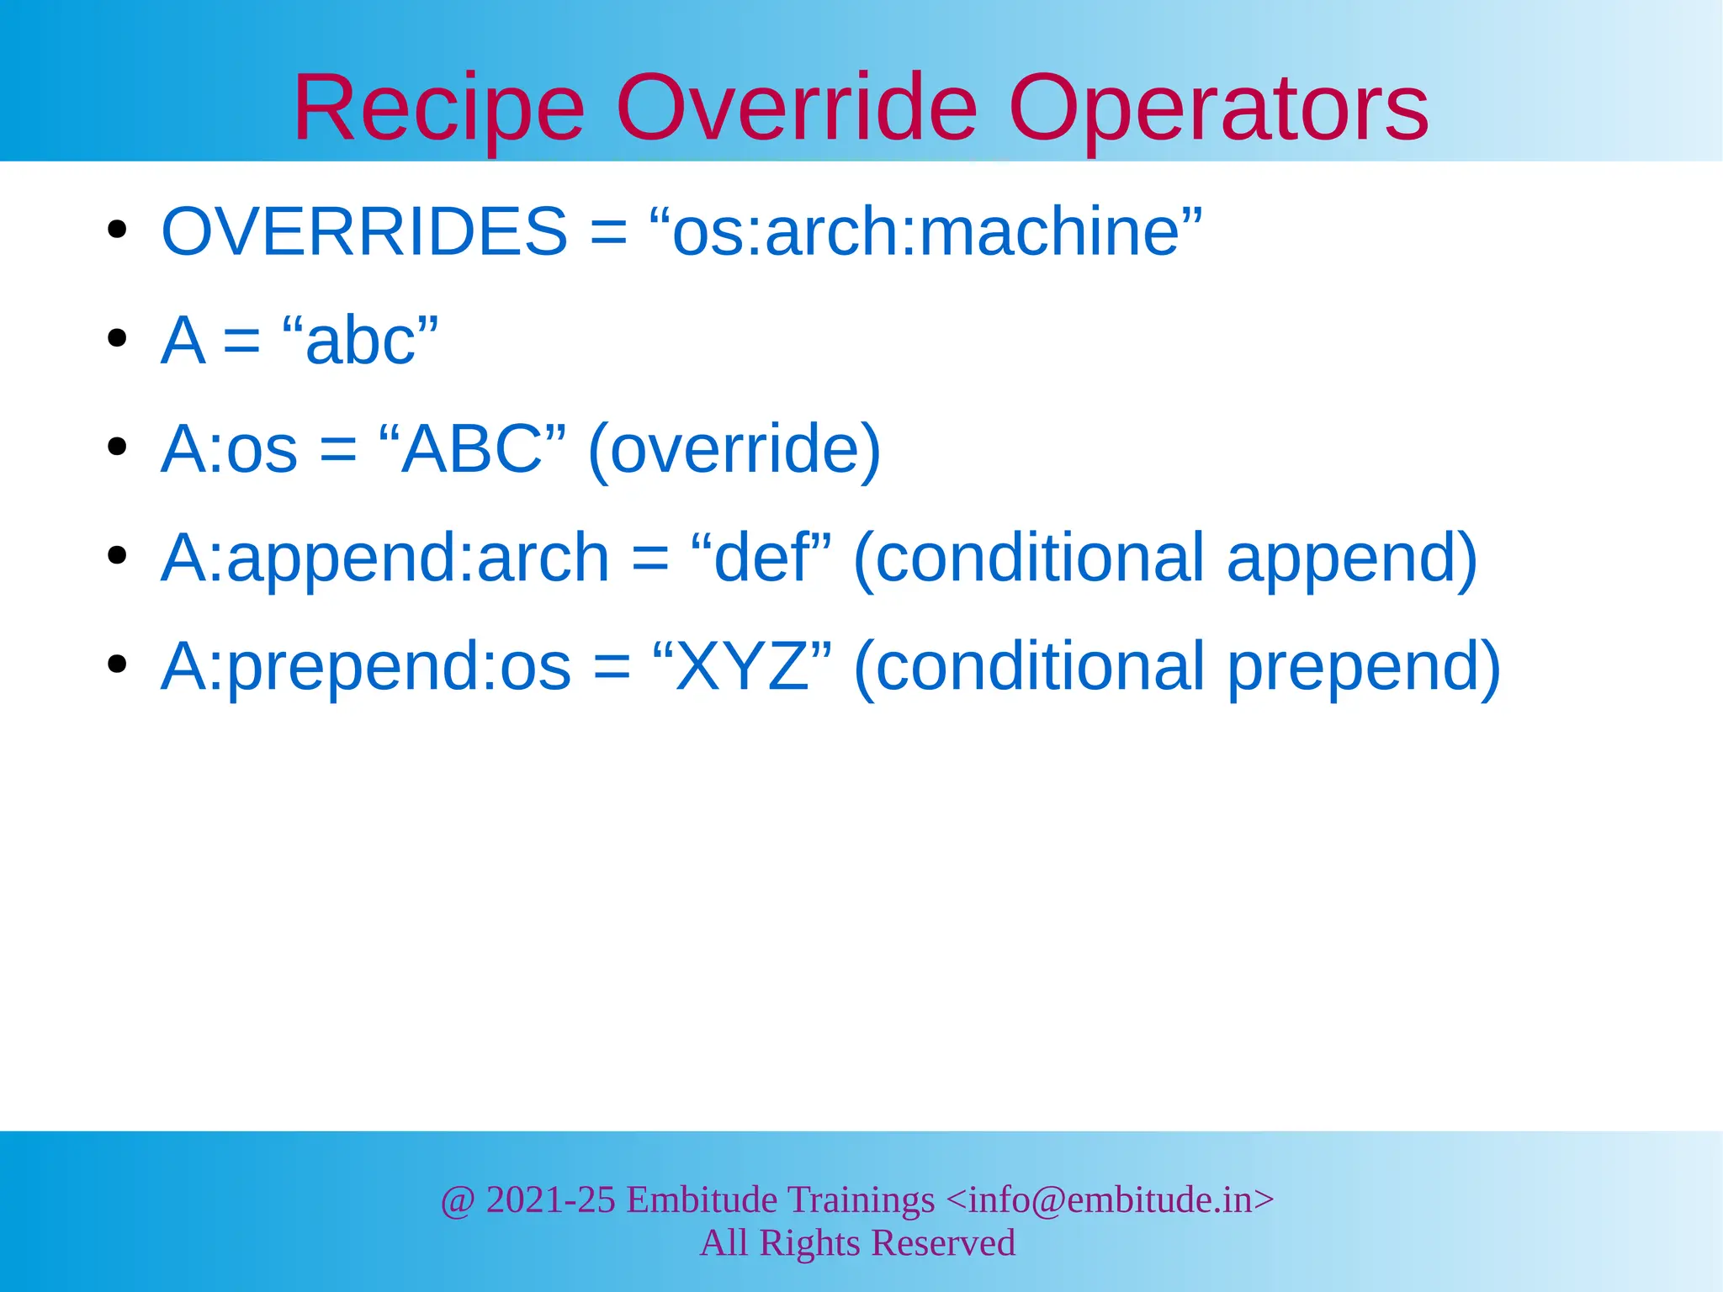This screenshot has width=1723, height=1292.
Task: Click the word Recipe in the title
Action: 438,109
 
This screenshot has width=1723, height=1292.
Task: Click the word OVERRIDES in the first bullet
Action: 364,231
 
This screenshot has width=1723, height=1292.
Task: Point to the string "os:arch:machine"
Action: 926,231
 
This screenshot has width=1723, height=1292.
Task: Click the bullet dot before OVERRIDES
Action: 117,230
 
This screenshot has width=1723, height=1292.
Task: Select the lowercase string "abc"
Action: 361,341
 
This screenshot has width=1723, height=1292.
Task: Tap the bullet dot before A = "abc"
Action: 117,338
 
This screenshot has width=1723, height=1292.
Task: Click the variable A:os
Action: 229,449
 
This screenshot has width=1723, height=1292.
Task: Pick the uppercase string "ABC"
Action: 472,449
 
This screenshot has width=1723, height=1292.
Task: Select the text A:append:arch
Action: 384,559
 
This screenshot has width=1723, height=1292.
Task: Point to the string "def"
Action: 761,558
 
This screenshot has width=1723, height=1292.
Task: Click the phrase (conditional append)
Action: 1165,559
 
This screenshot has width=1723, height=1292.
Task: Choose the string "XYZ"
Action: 742,666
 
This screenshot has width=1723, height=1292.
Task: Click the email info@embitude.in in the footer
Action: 1111,1199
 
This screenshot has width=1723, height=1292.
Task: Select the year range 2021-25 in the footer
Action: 551,1199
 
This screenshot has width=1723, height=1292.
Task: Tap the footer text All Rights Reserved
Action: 857,1243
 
